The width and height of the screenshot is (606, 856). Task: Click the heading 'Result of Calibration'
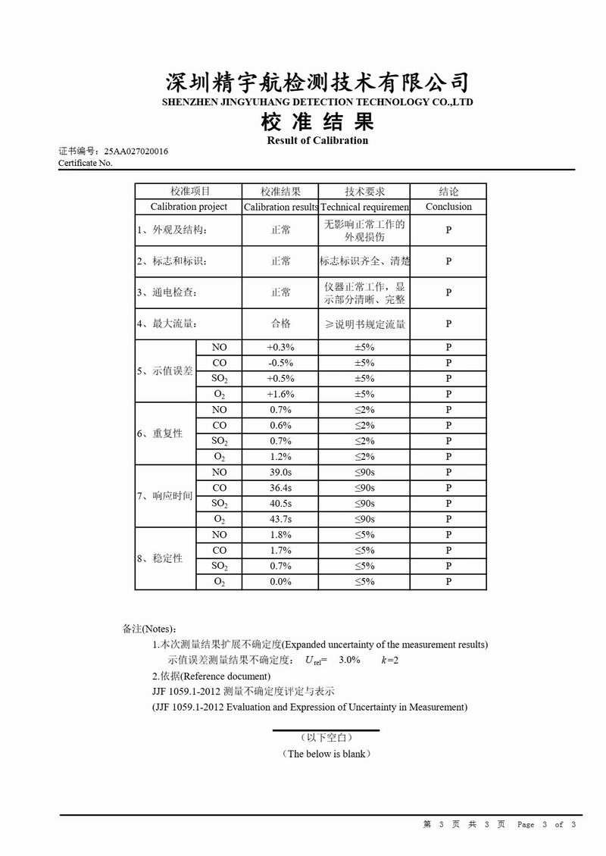(317, 140)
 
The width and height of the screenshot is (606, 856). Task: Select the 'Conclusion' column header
(448, 207)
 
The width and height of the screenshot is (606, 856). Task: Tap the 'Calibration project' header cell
(189, 207)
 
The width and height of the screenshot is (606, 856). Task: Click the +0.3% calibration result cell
(280, 347)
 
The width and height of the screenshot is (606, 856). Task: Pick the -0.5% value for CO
(280, 363)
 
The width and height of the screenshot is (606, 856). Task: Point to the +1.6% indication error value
(280, 394)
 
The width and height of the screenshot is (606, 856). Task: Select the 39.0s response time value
(280, 472)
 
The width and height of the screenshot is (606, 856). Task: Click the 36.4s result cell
(280, 488)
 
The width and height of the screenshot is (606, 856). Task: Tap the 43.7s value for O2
(280, 519)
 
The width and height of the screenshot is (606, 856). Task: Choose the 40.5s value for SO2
(280, 504)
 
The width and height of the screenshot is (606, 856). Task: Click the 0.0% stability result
(280, 582)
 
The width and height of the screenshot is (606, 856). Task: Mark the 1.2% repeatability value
(280, 457)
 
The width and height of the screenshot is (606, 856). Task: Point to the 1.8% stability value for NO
(280, 535)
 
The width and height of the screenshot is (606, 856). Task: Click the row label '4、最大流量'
(167, 323)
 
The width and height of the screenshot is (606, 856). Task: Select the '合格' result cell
(280, 323)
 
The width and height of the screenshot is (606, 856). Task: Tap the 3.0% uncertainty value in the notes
(349, 660)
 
